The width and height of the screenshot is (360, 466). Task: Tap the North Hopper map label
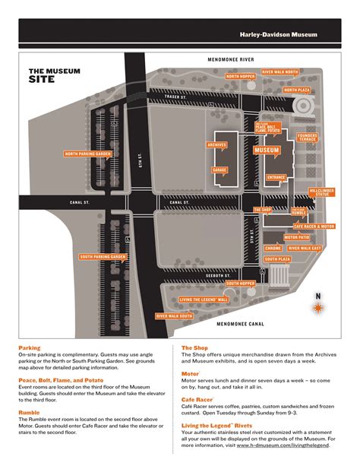241,77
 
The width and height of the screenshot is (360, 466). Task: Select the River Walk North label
280,71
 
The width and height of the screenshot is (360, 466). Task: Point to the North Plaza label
296,90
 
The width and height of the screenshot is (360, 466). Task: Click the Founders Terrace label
308,138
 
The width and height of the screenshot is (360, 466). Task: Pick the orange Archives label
217,144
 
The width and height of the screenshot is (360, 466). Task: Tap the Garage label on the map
219,170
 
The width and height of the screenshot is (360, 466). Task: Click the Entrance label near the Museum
276,177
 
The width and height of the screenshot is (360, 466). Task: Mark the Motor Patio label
297,237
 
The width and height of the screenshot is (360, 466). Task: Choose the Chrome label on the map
273,249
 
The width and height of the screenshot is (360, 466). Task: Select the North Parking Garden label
88,154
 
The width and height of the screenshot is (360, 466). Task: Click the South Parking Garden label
103,257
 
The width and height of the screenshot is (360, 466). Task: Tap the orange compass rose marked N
318,307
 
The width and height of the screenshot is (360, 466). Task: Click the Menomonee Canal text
242,324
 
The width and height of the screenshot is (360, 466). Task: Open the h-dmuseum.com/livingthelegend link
283,445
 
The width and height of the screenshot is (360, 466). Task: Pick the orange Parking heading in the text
30,347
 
